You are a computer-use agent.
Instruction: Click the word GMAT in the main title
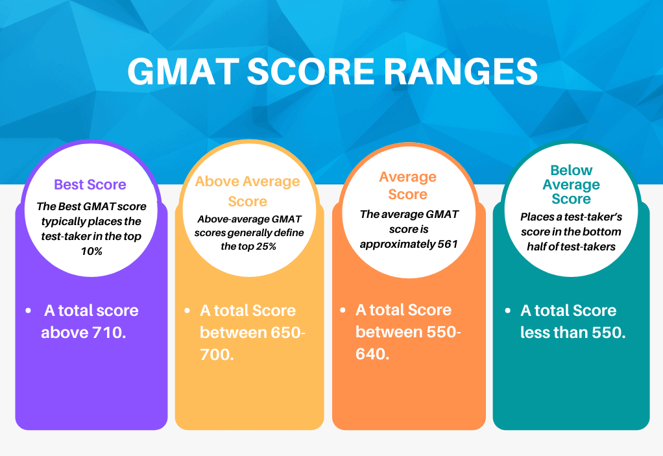[184, 71]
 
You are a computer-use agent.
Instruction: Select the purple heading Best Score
[90, 185]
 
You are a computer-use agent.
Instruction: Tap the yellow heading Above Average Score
[247, 191]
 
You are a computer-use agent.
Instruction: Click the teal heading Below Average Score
[572, 184]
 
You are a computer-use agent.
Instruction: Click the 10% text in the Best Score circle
[91, 252]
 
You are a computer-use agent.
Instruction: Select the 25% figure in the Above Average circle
[266, 246]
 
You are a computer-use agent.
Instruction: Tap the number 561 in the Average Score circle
[448, 245]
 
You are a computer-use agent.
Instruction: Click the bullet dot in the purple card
[29, 311]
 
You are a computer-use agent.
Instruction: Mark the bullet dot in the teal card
[508, 311]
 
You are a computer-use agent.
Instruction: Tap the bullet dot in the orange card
[343, 310]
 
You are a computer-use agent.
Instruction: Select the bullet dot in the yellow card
[187, 311]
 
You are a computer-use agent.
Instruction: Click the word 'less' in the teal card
[535, 333]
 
